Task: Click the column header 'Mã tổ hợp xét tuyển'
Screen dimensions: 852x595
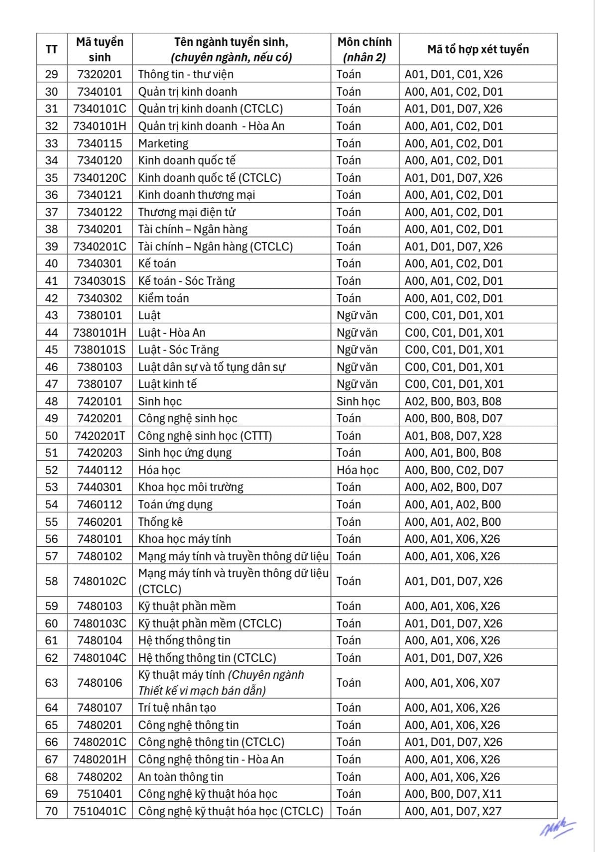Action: (477, 49)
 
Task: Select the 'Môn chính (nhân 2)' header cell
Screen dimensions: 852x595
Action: (364, 49)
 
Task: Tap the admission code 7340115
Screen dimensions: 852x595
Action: (100, 143)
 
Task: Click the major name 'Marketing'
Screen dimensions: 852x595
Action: (163, 143)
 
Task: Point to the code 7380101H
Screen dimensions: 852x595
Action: (100, 333)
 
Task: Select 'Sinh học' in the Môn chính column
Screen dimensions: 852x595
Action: (358, 401)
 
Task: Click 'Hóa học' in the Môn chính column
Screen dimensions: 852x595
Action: (357, 470)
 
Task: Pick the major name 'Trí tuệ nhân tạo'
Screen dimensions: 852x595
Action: (177, 708)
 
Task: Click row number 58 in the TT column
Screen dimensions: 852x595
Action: (52, 581)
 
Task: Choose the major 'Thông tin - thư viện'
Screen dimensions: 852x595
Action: (186, 74)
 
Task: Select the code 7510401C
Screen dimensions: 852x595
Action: (100, 811)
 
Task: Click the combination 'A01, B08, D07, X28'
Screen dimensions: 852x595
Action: (453, 436)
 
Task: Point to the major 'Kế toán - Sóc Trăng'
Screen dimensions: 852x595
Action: (187, 281)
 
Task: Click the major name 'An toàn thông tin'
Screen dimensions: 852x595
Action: (181, 777)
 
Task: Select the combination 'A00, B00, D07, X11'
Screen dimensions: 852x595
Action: (453, 794)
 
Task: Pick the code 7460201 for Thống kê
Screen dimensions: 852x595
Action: (100, 522)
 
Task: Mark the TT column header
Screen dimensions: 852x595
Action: (52, 49)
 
